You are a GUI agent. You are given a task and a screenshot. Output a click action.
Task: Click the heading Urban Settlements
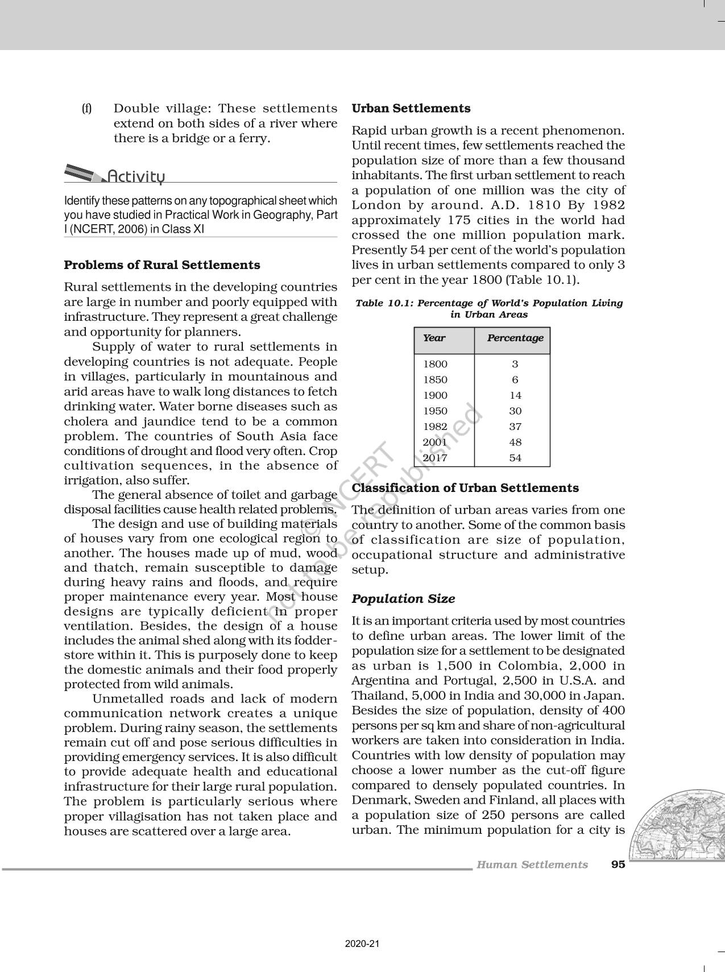click(x=411, y=108)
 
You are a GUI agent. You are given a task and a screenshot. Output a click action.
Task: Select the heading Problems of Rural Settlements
click(x=162, y=265)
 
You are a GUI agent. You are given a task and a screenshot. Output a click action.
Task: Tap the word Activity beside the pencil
click(x=136, y=176)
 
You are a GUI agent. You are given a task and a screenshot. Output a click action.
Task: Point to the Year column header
click(x=434, y=338)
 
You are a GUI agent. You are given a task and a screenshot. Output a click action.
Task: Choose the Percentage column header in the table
click(x=515, y=338)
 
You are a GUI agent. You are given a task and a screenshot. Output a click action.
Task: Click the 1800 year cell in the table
click(x=436, y=364)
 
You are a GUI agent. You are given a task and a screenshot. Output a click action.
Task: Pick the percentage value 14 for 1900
click(x=515, y=395)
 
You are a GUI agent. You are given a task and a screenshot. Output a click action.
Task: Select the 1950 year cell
click(x=436, y=411)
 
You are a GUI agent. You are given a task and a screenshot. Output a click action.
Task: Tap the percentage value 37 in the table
click(x=515, y=427)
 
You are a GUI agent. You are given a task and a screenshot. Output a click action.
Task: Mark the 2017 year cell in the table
click(x=436, y=458)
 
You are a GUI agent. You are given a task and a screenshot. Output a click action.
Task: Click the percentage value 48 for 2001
click(x=515, y=442)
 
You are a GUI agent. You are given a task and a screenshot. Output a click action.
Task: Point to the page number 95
click(x=618, y=865)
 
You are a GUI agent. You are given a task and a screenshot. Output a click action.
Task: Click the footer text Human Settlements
click(x=532, y=865)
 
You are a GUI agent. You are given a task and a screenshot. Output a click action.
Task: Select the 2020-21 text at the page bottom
click(x=362, y=944)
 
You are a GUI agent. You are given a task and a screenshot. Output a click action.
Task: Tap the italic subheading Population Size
click(x=403, y=599)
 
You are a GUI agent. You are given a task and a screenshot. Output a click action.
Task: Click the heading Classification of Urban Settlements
click(x=465, y=488)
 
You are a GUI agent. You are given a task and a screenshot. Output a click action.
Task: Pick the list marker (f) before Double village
click(x=86, y=108)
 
